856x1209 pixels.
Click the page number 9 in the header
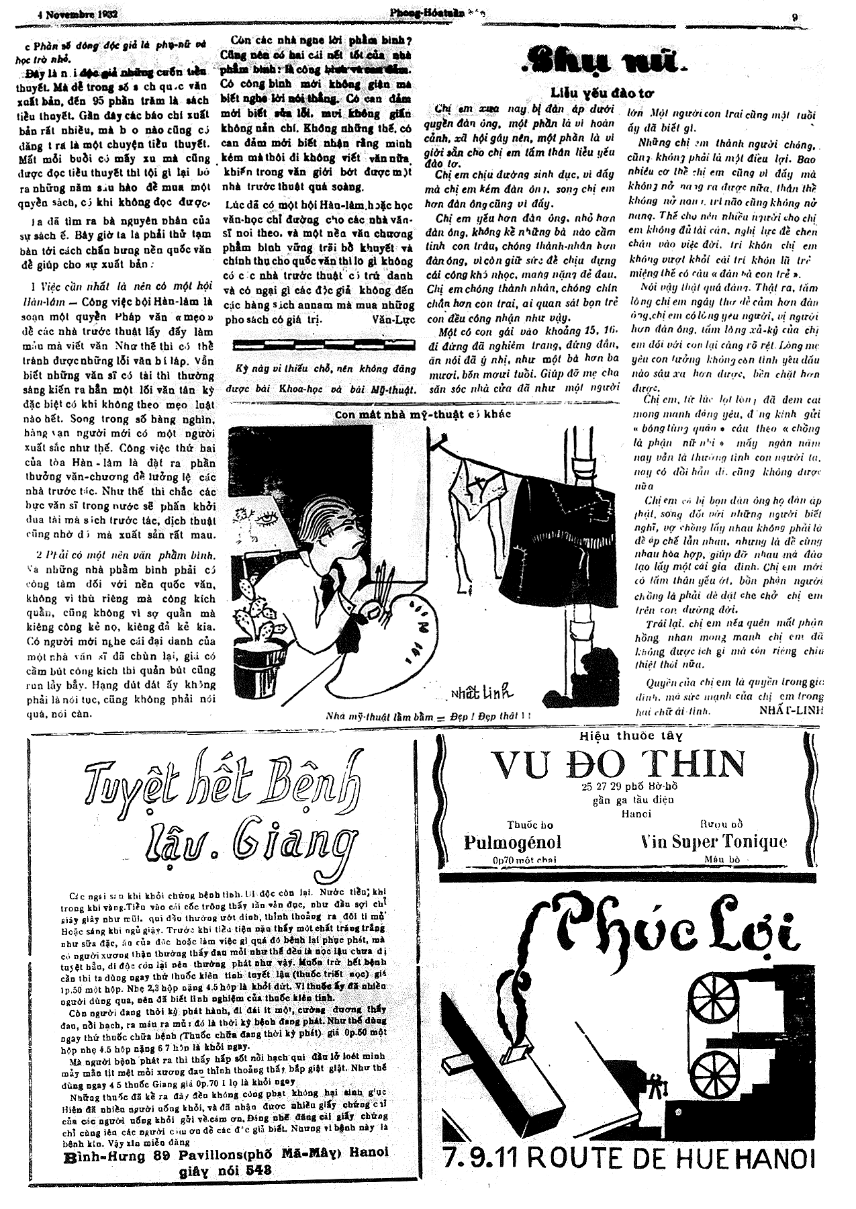pos(794,18)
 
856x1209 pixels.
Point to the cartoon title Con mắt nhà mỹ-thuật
pos(423,414)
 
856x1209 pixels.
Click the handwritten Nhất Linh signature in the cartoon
pos(479,692)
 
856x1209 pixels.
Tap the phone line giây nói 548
pos(225,1170)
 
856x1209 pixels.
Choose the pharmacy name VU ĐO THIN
pos(618,763)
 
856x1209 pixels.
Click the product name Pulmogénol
pos(512,842)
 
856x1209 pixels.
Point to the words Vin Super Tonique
pos(714,842)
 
